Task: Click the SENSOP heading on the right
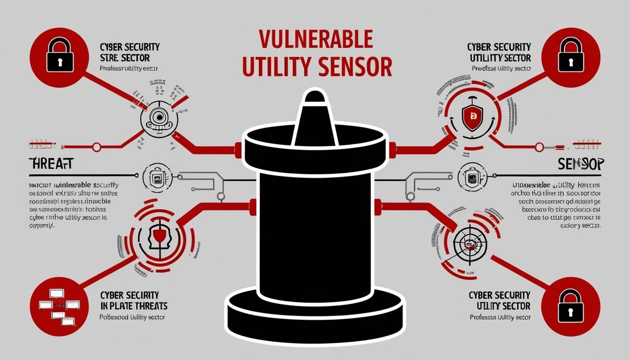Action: coord(581,164)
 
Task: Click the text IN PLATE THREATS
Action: coord(134,306)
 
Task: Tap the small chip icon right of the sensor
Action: coord(471,177)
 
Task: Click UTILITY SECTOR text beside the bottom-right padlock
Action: coord(503,306)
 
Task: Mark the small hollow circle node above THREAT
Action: coord(97,147)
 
